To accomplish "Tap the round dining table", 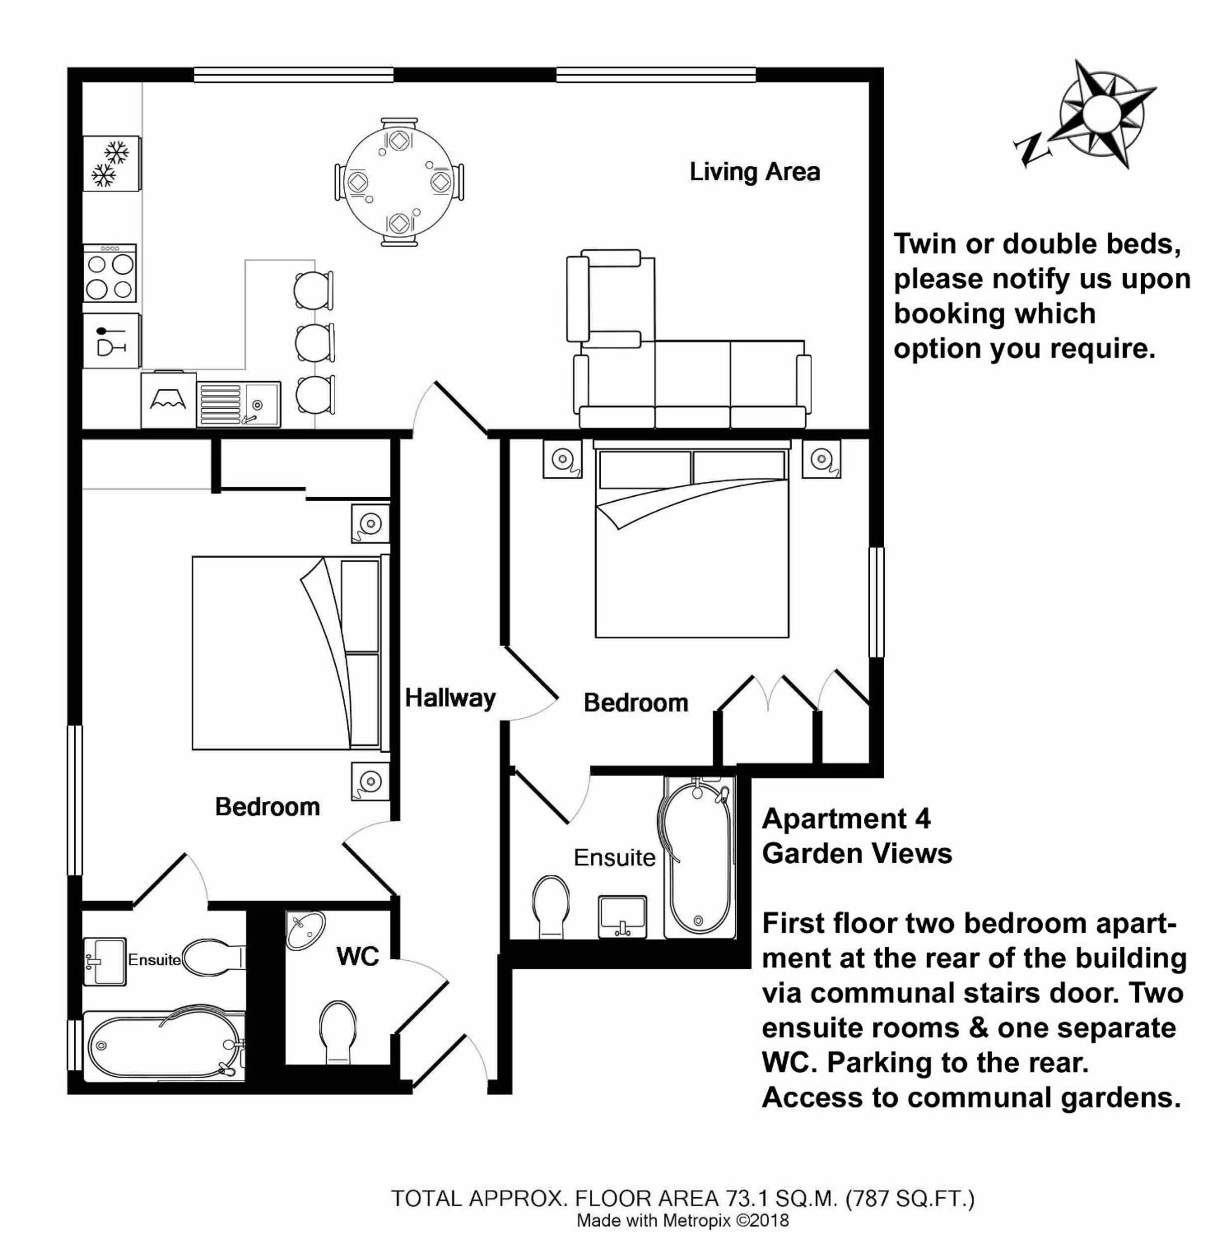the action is coord(399,182).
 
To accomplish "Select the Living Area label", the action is coord(755,172).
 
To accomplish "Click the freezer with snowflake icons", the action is coord(111,163).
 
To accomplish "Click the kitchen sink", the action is coord(238,403).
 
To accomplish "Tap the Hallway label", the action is coord(450,698).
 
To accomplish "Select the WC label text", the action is coord(358,956).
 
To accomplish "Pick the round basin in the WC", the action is coord(306,930).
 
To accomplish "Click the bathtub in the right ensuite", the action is coord(699,856).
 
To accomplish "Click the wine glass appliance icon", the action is coord(111,341).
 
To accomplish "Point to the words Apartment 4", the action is coord(846,819).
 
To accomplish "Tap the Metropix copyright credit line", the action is coord(682,1221).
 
